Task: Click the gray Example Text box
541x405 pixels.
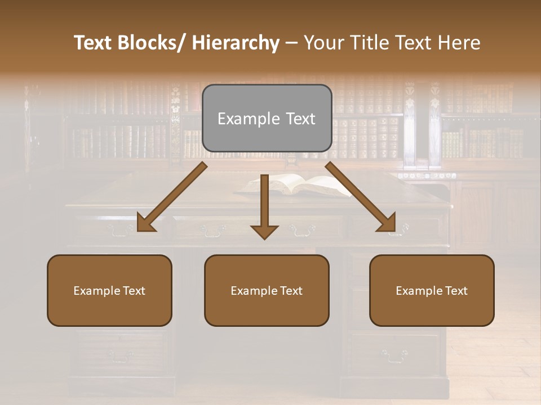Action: click(267, 118)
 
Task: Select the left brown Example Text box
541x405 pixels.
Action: click(109, 290)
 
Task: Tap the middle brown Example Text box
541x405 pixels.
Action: click(267, 290)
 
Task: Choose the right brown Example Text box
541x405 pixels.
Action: click(432, 290)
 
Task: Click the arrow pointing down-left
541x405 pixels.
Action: click(172, 197)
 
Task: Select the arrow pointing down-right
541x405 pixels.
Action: click(361, 197)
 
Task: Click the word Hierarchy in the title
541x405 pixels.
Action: click(236, 43)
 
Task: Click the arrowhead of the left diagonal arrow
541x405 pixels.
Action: click(144, 223)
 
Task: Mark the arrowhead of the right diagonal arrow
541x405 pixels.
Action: click(388, 223)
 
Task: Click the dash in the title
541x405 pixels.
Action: click(291, 43)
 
